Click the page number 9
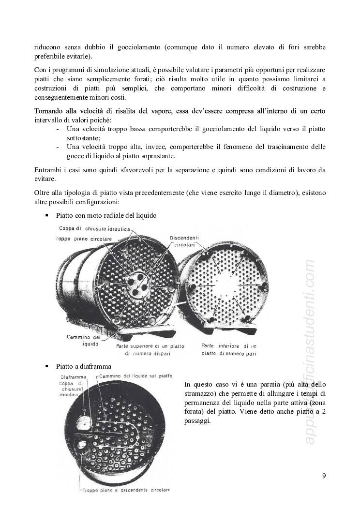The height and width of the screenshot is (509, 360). (324, 476)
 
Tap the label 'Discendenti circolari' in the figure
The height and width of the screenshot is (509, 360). (186, 241)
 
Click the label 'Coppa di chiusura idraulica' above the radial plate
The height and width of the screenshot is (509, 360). (94, 229)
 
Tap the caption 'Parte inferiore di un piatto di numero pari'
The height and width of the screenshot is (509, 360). (229, 349)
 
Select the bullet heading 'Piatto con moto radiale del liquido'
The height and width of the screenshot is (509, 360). (106, 215)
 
